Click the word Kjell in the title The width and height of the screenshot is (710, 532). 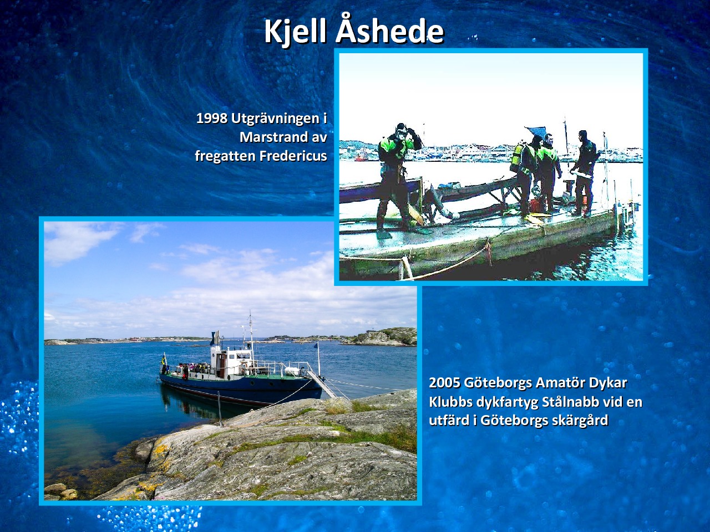pos(297,33)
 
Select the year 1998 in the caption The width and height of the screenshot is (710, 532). pos(212,119)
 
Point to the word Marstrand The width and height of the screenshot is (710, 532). pos(271,137)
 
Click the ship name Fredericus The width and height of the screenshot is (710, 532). pos(293,156)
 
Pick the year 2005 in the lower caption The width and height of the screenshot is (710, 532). pos(445,383)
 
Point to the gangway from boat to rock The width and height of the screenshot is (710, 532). pos(322,383)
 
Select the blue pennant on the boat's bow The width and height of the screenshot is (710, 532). pos(316,345)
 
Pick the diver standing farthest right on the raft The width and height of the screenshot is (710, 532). pos(583,173)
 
